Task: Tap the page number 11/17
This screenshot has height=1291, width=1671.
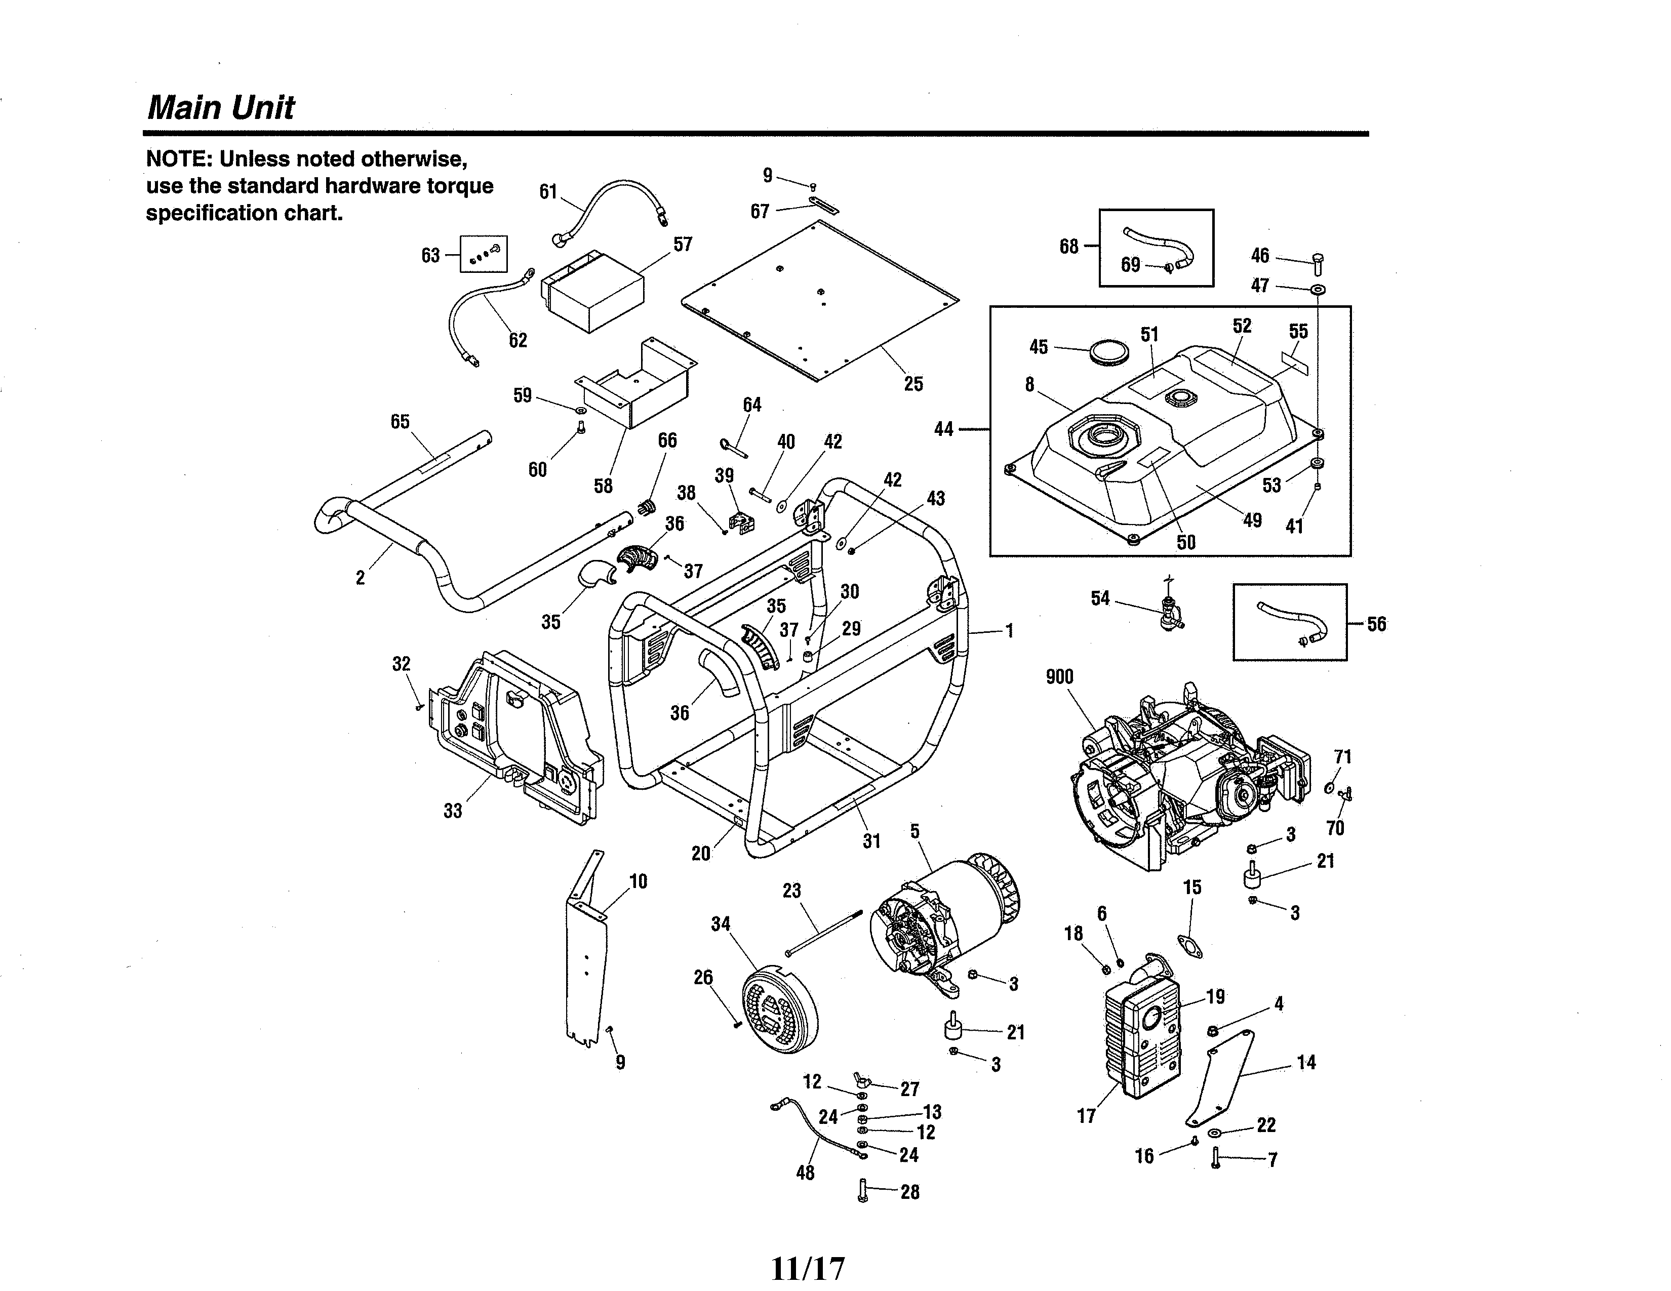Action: pyautogui.click(x=808, y=1269)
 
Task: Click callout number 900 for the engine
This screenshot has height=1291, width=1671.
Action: pyautogui.click(x=1060, y=677)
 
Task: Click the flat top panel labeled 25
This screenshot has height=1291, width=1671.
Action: pyautogui.click(x=819, y=302)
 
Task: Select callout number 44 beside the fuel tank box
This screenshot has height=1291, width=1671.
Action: pyautogui.click(x=943, y=429)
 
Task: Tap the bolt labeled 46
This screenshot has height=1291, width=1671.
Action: pyautogui.click(x=1318, y=264)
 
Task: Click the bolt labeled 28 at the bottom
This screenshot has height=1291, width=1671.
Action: pyautogui.click(x=863, y=1191)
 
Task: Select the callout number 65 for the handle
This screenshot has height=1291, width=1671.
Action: pyautogui.click(x=400, y=421)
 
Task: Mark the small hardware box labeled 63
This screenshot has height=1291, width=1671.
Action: pyautogui.click(x=484, y=254)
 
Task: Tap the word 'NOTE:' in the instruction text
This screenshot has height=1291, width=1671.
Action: pyautogui.click(x=180, y=159)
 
